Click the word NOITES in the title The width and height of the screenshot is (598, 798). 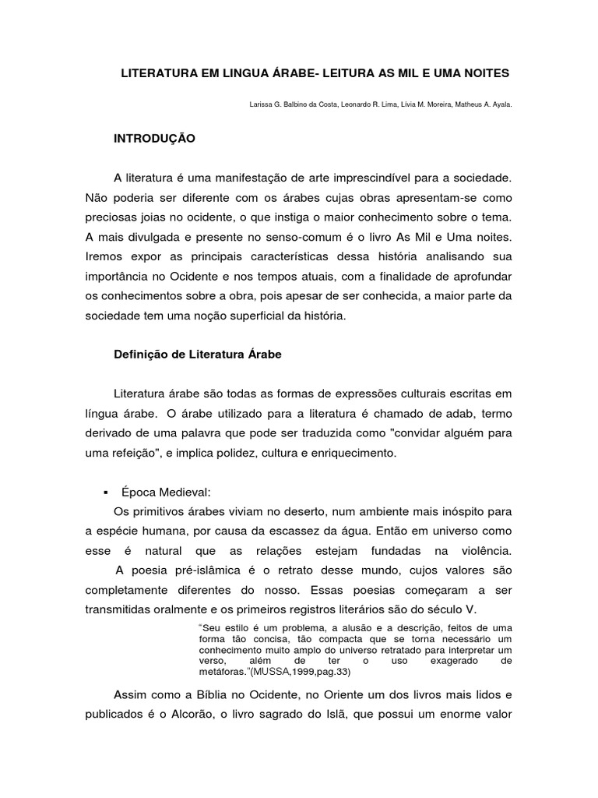click(483, 72)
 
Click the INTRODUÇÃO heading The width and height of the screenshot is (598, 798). click(154, 138)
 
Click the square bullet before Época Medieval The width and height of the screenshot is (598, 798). click(103, 493)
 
